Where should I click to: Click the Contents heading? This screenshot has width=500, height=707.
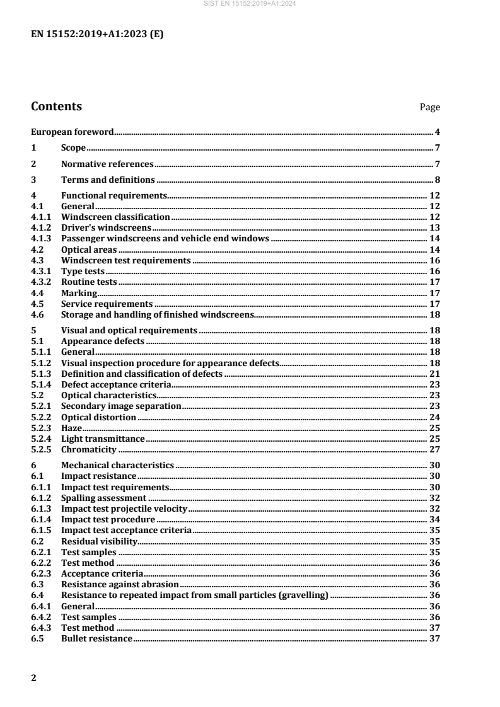56,106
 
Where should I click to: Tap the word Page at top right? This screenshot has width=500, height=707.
430,108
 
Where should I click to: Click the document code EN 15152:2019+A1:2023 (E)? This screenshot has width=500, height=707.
97,35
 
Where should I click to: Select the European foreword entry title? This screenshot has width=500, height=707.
73,132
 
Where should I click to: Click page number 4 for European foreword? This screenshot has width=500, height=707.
437,132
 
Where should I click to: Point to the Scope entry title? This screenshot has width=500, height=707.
73,148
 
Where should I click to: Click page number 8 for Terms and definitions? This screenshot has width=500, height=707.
437,180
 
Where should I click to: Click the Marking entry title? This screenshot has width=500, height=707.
79,292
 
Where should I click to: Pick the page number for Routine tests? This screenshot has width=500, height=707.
434,282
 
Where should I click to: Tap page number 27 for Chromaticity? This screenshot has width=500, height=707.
434,449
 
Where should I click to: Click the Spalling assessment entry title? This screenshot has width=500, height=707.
103,497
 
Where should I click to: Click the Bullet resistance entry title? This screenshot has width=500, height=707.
96,638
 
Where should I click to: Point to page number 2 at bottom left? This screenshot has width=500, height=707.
34,678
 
